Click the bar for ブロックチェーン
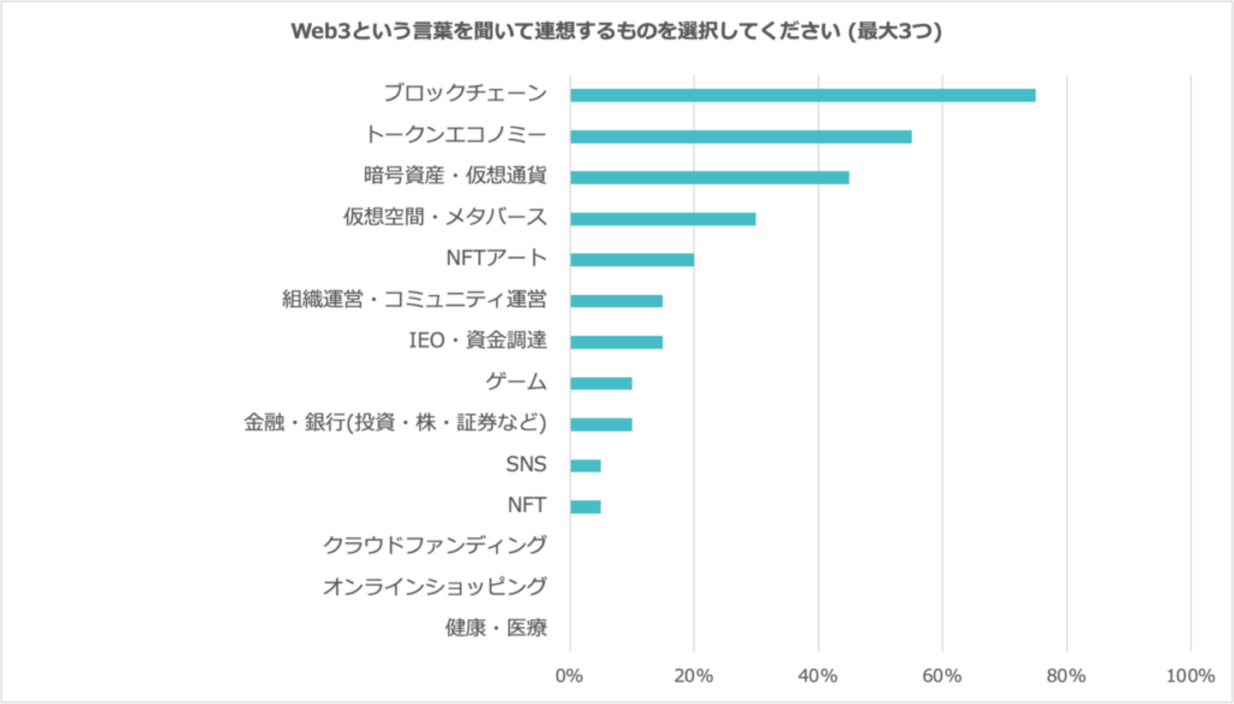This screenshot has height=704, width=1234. click(x=802, y=95)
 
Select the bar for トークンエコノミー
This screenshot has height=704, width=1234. click(x=740, y=136)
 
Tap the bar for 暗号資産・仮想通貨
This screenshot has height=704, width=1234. click(x=710, y=178)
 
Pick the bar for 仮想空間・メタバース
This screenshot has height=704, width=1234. click(x=662, y=219)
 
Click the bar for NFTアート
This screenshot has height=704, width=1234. click(x=632, y=260)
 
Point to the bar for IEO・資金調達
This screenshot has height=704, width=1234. click(x=616, y=342)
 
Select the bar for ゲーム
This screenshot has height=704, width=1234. click(x=601, y=383)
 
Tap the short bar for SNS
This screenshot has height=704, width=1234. click(x=585, y=466)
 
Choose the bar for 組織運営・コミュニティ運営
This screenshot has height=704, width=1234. click(x=616, y=301)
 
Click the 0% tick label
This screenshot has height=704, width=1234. click(x=570, y=676)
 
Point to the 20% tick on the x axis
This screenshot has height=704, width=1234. click(x=694, y=676)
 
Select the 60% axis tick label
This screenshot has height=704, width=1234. click(x=943, y=676)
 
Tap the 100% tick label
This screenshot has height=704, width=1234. click(x=1190, y=676)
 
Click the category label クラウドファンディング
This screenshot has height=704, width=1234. click(x=435, y=545)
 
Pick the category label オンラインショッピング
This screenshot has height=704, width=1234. click(x=435, y=587)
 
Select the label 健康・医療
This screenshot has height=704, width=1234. click(x=496, y=628)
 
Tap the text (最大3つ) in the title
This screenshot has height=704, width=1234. click(x=894, y=33)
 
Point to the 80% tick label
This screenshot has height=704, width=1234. click(x=1067, y=676)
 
